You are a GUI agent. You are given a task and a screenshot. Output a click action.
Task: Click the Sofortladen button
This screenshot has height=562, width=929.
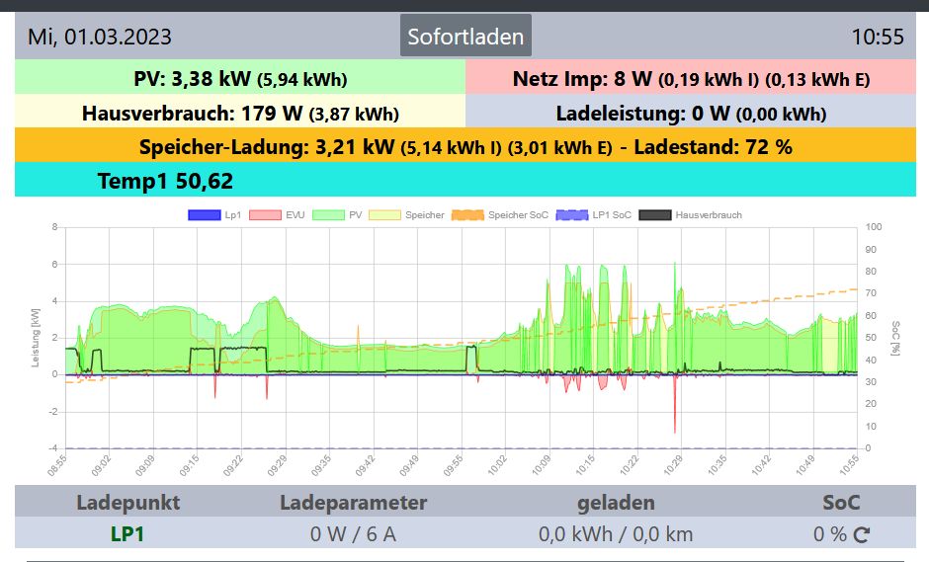[465, 37]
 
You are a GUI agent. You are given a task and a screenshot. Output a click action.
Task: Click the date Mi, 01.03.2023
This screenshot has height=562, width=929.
[100, 37]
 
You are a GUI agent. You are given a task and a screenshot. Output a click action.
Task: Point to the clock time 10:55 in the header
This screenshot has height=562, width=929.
[878, 37]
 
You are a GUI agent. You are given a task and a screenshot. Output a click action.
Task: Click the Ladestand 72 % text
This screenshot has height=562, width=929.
[713, 147]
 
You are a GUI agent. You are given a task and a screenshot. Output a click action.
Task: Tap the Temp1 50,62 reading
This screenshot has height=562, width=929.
[165, 181]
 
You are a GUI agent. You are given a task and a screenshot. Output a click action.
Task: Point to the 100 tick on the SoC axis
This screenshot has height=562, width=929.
[873, 227]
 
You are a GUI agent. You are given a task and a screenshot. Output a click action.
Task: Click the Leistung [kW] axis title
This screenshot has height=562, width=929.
[36, 338]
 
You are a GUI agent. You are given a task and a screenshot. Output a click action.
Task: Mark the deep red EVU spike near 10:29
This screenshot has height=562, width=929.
[675, 420]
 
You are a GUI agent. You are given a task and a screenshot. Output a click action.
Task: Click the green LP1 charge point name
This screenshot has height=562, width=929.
[128, 534]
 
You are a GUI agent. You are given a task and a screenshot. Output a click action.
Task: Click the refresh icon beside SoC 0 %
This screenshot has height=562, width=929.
[861, 535]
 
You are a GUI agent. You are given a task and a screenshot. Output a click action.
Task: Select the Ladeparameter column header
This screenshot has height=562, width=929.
[354, 503]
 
